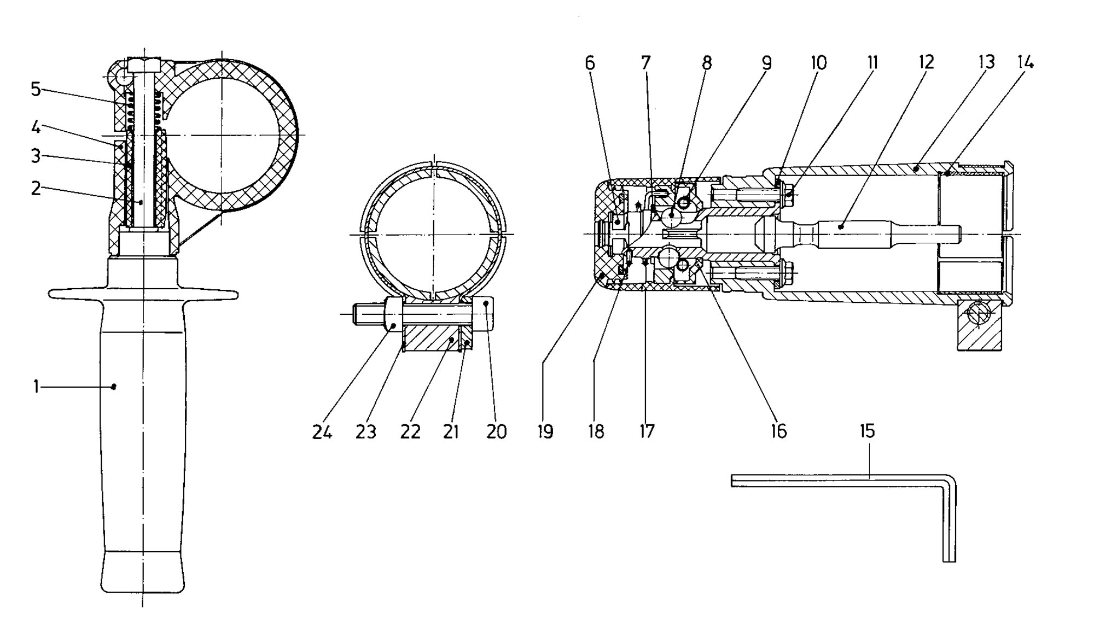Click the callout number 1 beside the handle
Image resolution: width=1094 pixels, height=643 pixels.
(x=36, y=387)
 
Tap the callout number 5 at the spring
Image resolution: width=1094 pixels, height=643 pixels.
(x=36, y=89)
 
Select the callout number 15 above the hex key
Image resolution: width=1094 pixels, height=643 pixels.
(x=868, y=431)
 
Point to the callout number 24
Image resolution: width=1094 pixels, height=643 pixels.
(x=322, y=432)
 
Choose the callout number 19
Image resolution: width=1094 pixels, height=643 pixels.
(x=545, y=431)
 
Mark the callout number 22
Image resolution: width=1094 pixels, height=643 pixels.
(x=410, y=432)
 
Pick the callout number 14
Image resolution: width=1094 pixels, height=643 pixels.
(x=1026, y=62)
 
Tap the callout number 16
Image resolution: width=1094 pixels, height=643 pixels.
(x=778, y=431)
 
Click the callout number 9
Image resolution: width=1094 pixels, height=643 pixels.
(x=767, y=63)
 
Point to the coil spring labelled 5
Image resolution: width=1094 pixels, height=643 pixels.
(x=146, y=112)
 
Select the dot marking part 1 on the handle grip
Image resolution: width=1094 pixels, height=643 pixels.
(x=114, y=387)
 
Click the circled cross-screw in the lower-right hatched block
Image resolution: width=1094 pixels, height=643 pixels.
(x=979, y=315)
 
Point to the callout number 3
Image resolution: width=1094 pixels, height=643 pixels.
(x=36, y=156)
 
